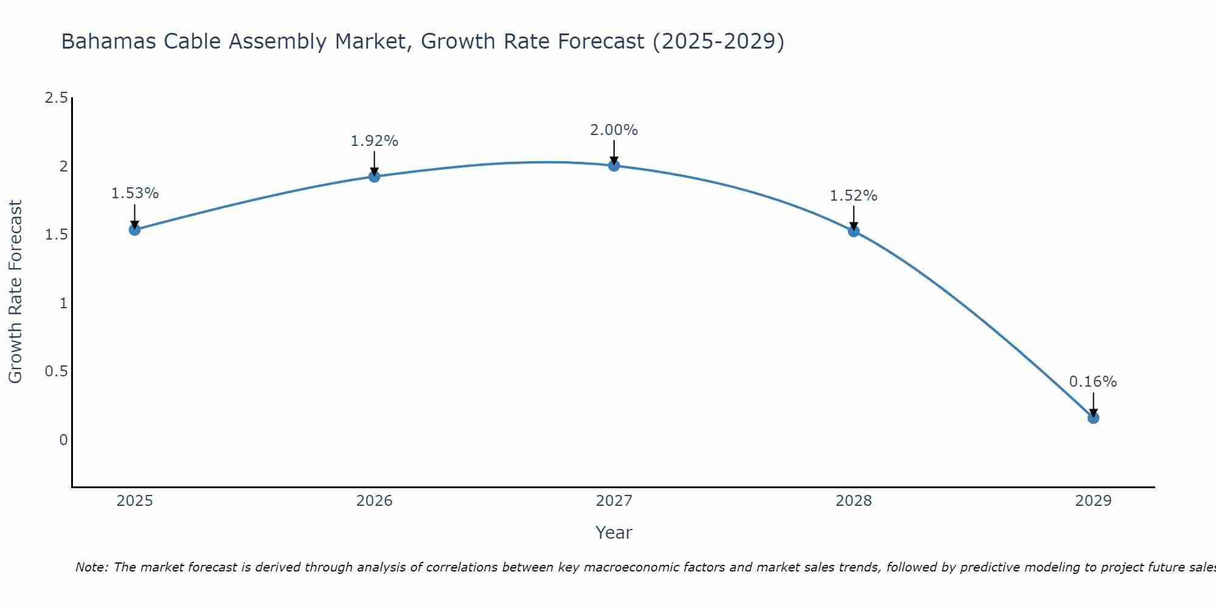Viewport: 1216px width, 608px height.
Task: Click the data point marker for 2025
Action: tap(135, 229)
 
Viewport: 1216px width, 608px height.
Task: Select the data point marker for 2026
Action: tap(375, 176)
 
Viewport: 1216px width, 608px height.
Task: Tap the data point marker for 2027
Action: tap(614, 165)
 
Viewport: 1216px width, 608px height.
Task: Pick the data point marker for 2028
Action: tap(854, 231)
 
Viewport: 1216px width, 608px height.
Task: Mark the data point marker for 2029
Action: tap(1093, 418)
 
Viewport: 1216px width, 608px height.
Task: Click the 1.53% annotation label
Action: tap(135, 193)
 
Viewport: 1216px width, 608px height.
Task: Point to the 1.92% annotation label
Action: tap(375, 141)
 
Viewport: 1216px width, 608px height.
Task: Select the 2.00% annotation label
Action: tap(614, 130)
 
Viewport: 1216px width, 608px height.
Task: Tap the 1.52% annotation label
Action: tap(854, 196)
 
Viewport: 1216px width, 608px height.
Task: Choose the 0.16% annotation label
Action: tap(1093, 382)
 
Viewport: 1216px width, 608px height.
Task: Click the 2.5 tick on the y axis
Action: tap(57, 98)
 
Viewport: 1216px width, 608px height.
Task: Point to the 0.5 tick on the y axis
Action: tap(57, 371)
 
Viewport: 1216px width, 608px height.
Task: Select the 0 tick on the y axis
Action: tap(63, 440)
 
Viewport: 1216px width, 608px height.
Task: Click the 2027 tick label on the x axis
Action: tap(614, 501)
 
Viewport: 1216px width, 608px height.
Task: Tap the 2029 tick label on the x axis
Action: tap(1093, 501)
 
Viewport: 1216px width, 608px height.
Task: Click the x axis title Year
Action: tap(614, 533)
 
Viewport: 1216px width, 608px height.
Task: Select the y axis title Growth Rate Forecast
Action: tap(15, 292)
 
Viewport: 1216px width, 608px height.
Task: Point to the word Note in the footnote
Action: tap(91, 567)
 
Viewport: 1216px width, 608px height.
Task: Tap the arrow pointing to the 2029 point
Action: tap(1093, 404)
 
